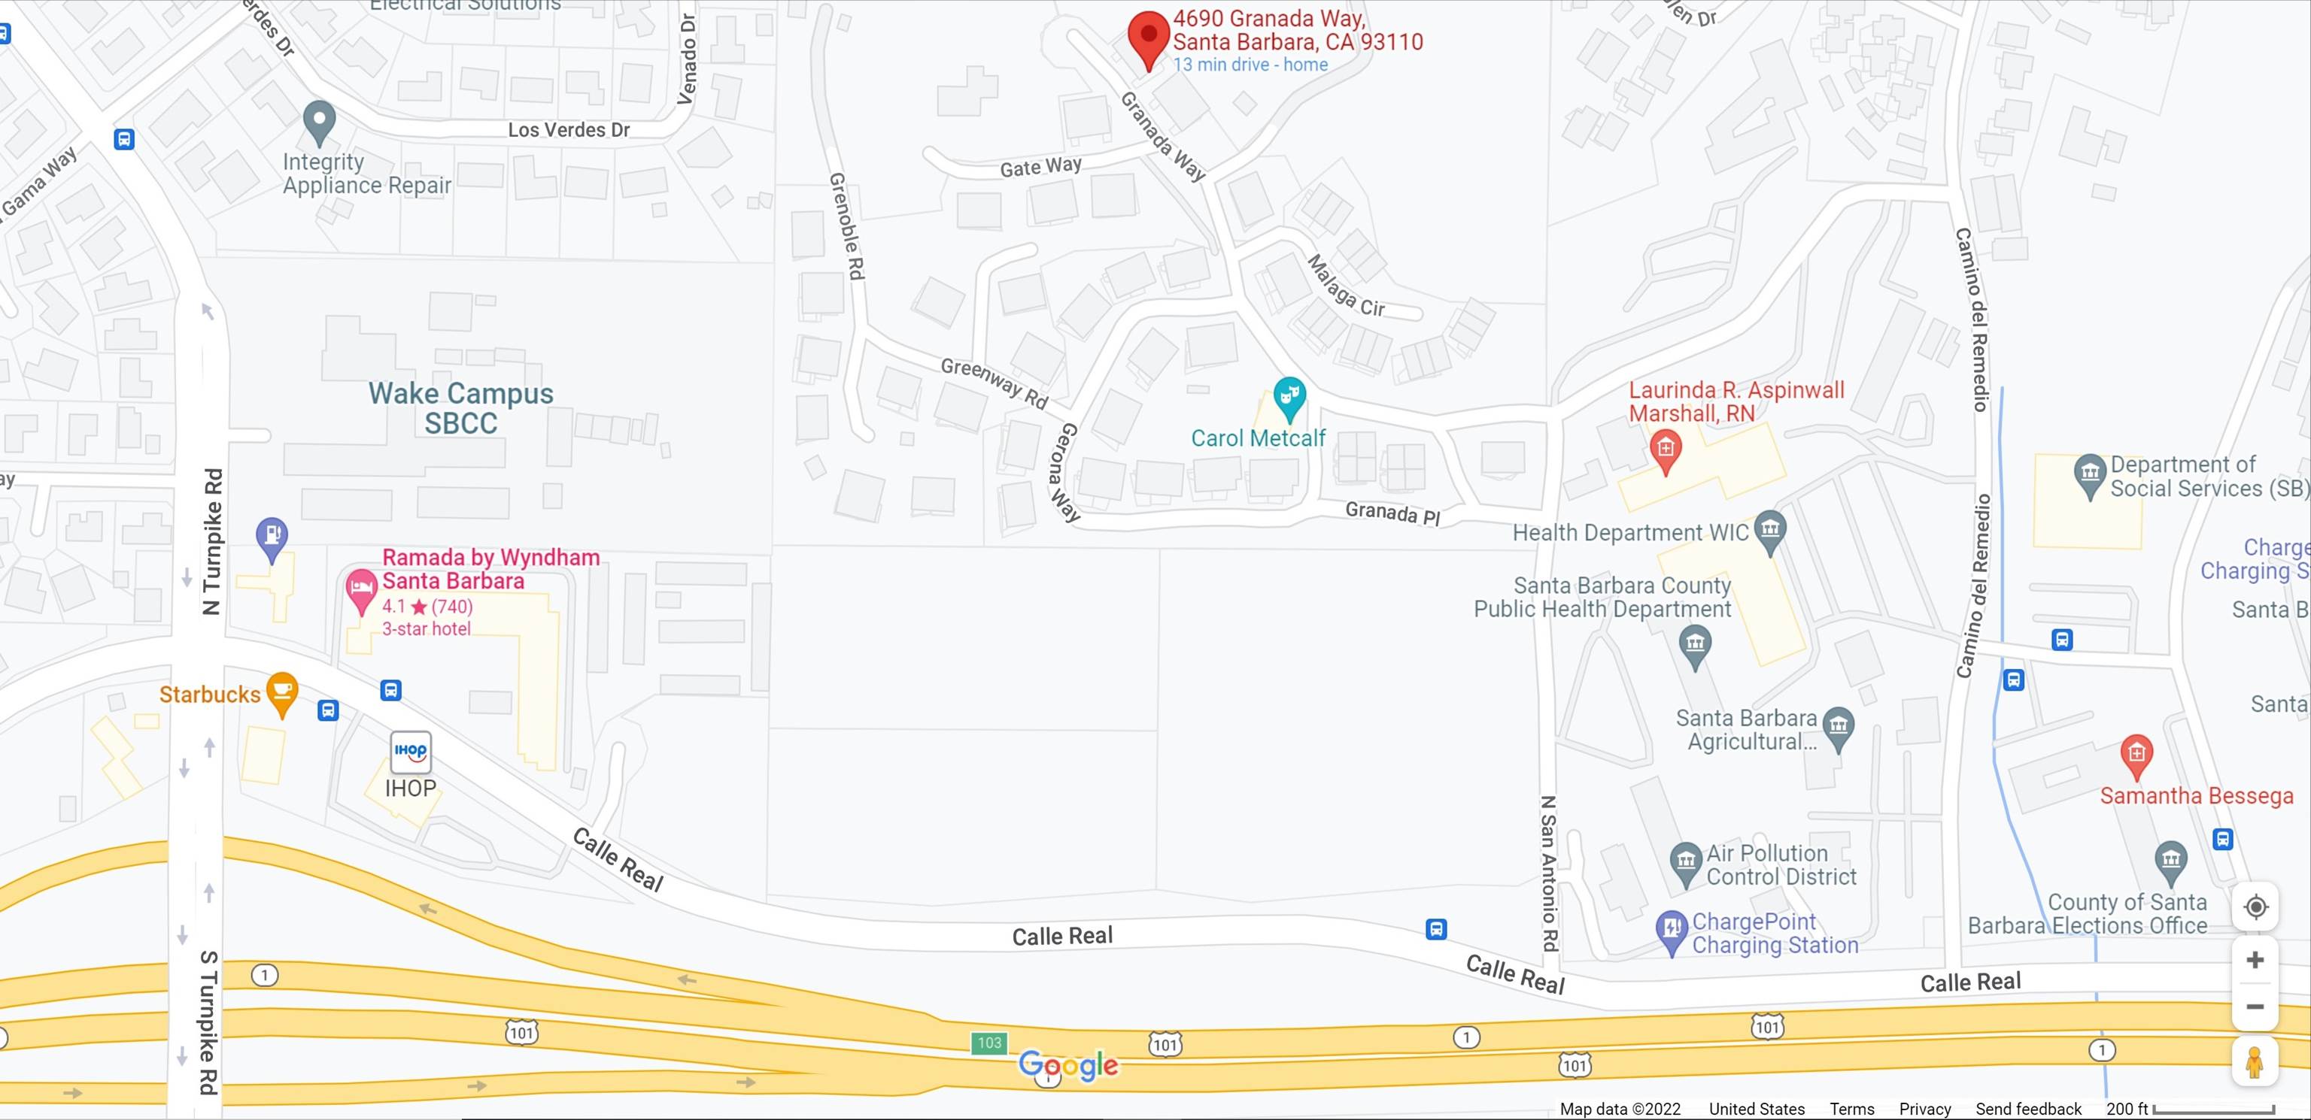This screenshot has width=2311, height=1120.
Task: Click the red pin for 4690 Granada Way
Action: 1148,36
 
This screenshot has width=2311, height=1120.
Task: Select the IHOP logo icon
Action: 411,752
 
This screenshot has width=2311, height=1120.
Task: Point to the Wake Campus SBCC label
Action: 461,407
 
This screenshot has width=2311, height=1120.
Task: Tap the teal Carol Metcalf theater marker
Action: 1289,396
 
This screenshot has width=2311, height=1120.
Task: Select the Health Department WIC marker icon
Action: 1770,529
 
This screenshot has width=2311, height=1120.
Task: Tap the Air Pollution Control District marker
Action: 1686,861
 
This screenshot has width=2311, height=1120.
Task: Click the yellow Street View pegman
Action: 2255,1063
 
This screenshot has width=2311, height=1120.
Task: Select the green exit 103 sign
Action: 988,1042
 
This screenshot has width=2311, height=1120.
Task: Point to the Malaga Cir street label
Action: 1346,287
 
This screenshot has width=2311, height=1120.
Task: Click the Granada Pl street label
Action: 1392,513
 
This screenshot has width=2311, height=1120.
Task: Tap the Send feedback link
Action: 2027,1108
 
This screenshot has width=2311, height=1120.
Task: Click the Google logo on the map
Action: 1068,1065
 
